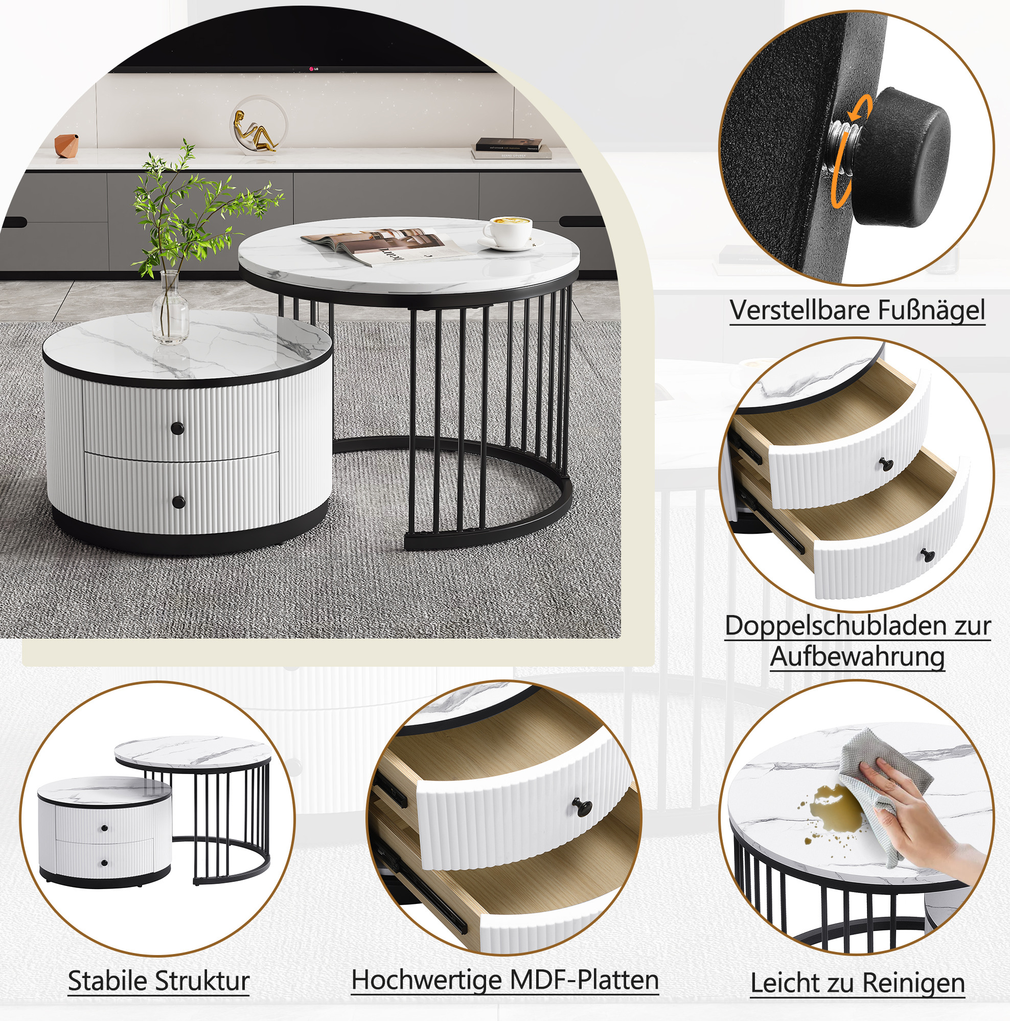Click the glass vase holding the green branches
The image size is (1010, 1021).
(170, 308)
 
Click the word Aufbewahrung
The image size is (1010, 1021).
(857, 657)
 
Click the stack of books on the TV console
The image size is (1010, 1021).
(511, 148)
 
